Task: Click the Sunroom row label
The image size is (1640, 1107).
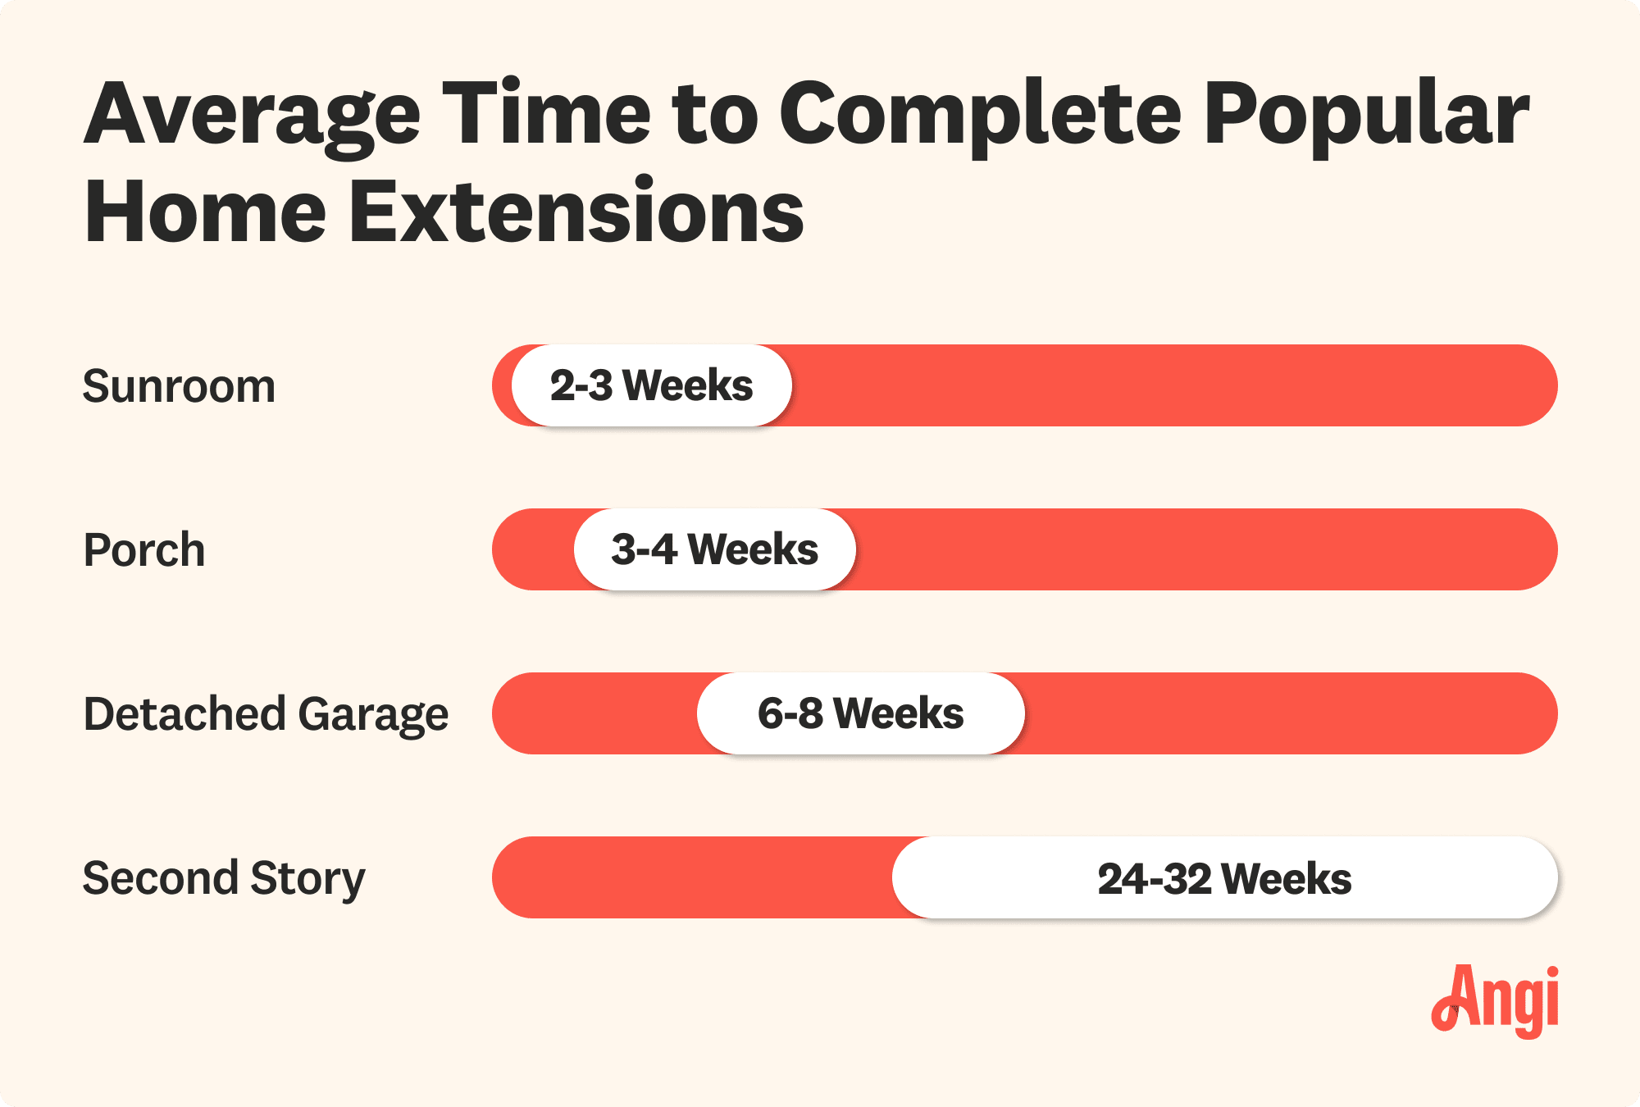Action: click(x=179, y=386)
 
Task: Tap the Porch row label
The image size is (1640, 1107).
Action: click(x=144, y=550)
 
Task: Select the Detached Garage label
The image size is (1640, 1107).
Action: click(x=266, y=714)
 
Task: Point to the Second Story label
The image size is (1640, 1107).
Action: click(x=224, y=878)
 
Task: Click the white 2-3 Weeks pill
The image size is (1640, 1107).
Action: click(x=652, y=385)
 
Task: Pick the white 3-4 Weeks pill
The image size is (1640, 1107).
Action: click(x=714, y=549)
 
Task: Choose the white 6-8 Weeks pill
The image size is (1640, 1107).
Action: click(x=860, y=713)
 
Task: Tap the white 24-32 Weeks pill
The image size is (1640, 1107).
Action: click(x=1224, y=878)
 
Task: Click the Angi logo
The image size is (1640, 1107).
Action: click(x=1496, y=1000)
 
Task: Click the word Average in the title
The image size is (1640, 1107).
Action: click(x=252, y=115)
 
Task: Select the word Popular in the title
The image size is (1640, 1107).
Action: click(x=1365, y=115)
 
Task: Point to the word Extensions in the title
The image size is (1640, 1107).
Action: click(x=576, y=212)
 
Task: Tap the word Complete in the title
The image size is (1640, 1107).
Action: click(x=980, y=115)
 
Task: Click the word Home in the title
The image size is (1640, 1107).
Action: click(x=206, y=212)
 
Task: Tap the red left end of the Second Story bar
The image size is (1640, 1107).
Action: click(x=525, y=877)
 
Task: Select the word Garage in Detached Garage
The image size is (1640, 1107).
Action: click(x=373, y=714)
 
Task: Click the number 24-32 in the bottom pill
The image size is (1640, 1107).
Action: click(x=1154, y=878)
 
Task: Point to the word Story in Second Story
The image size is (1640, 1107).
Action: click(x=307, y=878)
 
